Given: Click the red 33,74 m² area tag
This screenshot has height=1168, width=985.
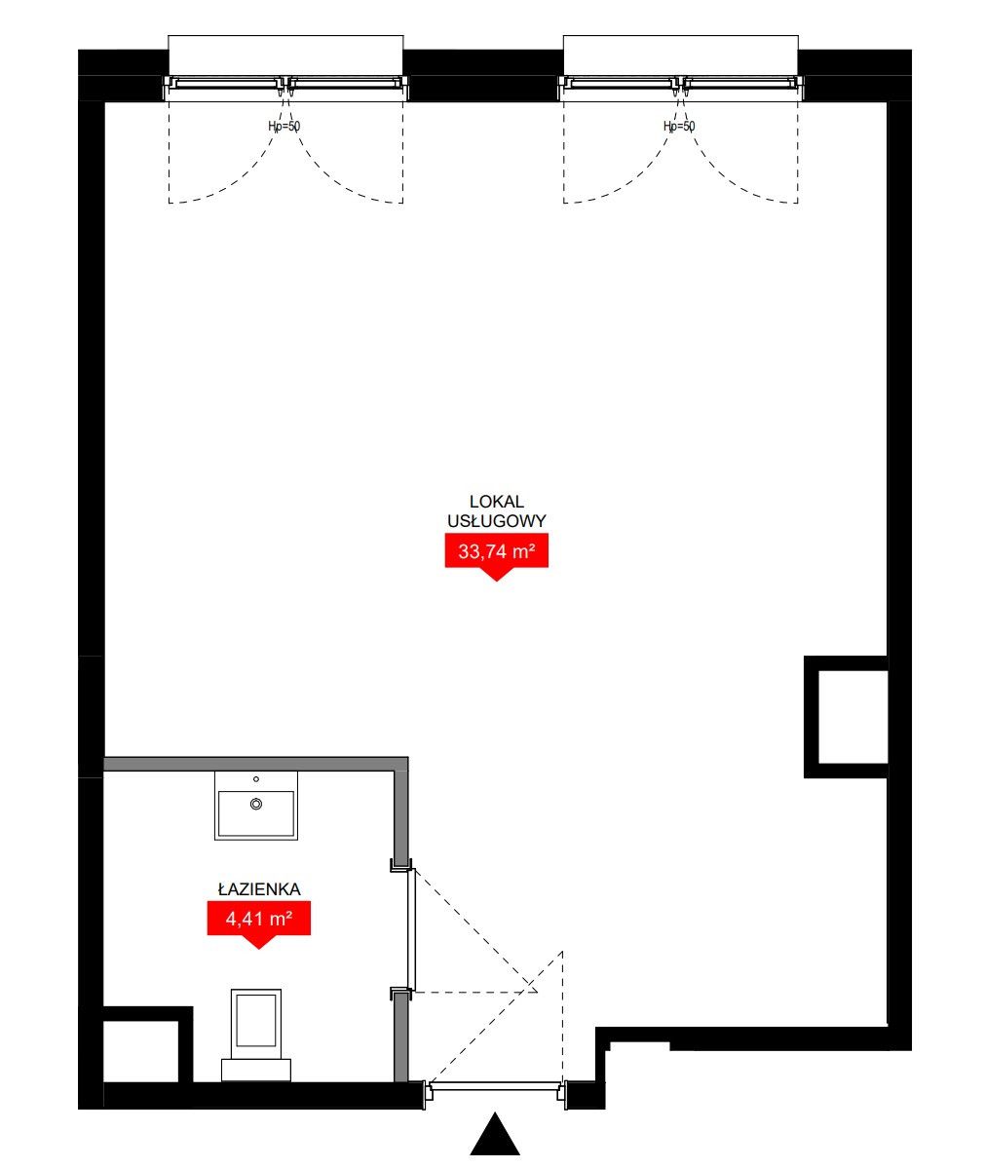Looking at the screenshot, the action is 496,552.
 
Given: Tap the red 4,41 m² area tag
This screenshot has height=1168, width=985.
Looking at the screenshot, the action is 258,920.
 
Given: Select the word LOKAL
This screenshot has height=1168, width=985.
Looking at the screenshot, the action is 496,502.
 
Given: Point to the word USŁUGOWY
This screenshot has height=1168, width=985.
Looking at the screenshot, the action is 496,521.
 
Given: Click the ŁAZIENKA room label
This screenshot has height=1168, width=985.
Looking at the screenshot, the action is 259,888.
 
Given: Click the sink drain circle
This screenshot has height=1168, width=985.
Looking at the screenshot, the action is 256,805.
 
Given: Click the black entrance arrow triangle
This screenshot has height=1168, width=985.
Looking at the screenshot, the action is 495,1134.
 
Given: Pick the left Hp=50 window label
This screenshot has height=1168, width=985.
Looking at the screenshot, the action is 284,127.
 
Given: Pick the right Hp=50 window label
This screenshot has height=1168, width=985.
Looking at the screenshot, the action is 679,127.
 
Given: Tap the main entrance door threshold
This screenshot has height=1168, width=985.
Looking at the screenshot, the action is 496,1086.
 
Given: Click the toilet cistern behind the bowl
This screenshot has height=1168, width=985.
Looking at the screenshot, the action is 256,1070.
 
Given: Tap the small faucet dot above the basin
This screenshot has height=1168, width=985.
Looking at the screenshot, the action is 256,779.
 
